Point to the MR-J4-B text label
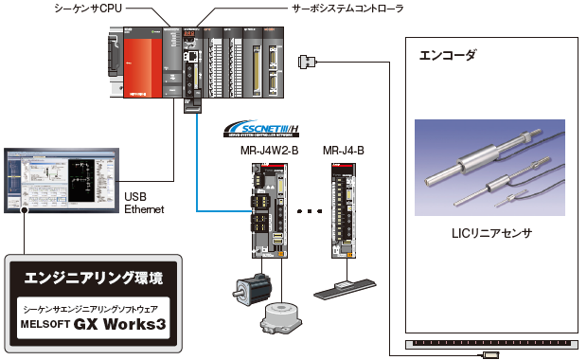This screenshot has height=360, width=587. tap(343, 151)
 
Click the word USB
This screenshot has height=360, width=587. tap(135, 197)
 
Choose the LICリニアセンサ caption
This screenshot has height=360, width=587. tap(490, 232)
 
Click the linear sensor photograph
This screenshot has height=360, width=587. tap(489, 171)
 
